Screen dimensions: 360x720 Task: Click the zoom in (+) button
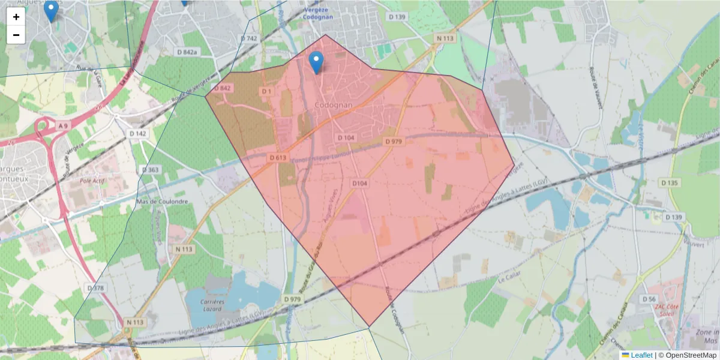16,17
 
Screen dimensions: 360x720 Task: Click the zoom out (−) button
16,35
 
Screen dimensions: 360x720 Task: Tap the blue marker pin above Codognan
316,62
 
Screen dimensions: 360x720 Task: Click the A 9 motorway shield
63,125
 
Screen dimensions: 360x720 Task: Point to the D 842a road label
187,52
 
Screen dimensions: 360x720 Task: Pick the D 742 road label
249,38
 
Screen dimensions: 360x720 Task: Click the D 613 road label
277,157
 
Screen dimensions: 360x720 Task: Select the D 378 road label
95,288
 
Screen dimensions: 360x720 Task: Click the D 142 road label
137,133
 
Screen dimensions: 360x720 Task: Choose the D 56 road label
649,299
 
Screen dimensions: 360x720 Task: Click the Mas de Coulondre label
162,202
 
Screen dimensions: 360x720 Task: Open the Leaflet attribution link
641,355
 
